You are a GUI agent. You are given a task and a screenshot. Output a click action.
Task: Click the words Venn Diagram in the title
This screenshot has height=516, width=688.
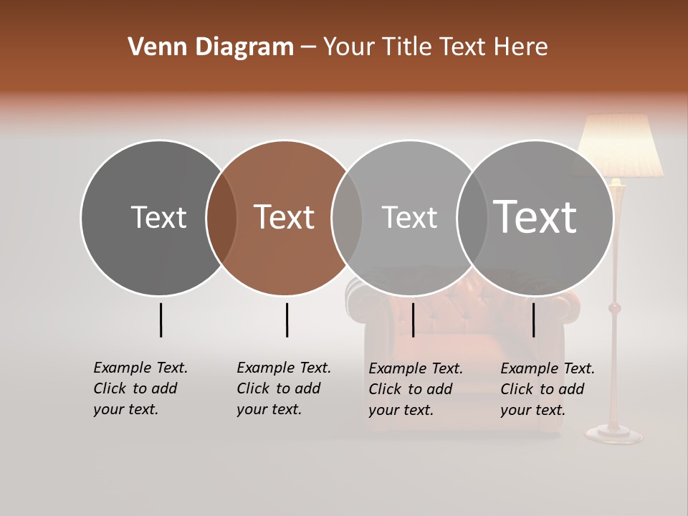(x=211, y=47)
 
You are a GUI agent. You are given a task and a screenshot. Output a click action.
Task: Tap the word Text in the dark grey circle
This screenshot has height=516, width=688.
(x=158, y=217)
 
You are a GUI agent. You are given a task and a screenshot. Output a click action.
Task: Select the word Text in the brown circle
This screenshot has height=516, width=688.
(x=285, y=217)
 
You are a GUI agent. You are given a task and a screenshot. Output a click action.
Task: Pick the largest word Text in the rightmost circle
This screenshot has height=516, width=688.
(x=535, y=217)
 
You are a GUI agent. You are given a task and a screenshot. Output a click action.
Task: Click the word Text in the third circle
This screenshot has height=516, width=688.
(x=409, y=217)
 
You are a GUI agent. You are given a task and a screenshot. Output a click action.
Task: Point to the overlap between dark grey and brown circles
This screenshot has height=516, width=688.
(x=221, y=218)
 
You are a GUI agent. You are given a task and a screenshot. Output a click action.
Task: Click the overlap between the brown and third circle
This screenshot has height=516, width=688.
(x=347, y=218)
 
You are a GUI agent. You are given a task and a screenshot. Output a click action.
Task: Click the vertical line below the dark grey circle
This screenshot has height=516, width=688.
(x=161, y=320)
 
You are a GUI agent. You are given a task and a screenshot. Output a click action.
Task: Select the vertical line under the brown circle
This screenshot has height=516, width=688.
(x=287, y=320)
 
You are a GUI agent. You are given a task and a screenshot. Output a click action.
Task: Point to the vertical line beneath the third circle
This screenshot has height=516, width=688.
(x=413, y=320)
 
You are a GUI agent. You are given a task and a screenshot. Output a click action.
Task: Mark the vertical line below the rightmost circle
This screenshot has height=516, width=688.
(x=533, y=320)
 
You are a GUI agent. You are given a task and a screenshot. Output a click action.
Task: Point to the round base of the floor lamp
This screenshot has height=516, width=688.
(x=614, y=433)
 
